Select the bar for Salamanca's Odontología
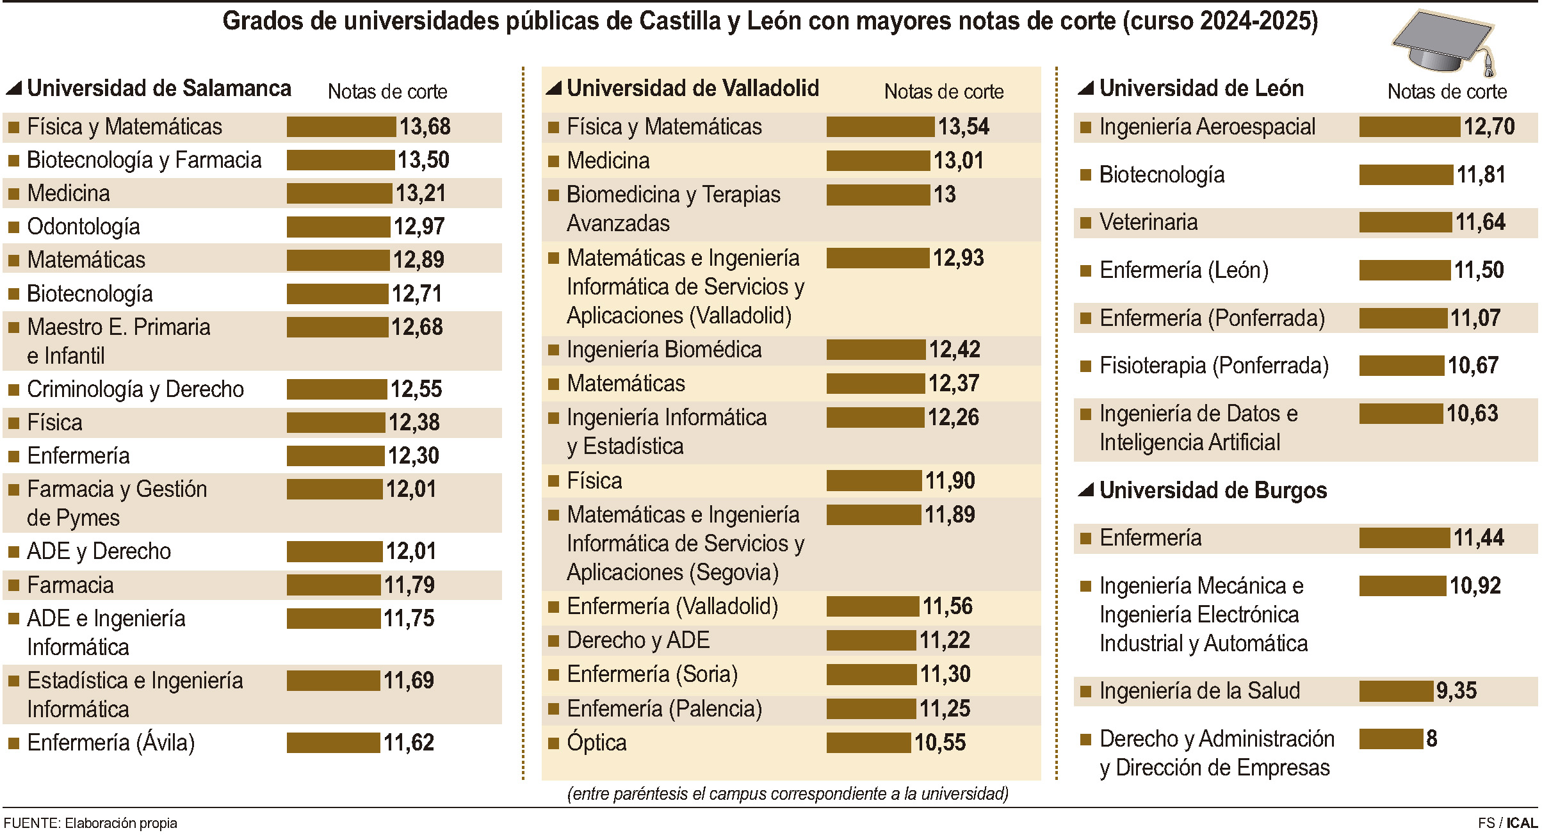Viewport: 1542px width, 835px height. point(338,227)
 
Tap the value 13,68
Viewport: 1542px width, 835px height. point(425,127)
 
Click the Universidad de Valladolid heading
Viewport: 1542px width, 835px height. point(692,88)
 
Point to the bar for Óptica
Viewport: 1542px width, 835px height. point(868,743)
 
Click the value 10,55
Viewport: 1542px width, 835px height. point(939,743)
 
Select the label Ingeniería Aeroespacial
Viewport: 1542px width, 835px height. point(1207,127)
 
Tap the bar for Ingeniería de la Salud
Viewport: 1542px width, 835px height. point(1396,691)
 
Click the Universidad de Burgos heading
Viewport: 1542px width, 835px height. point(1213,490)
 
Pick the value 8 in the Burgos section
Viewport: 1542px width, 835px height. point(1432,739)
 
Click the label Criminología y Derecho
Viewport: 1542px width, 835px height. point(135,389)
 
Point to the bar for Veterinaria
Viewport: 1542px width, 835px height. point(1406,222)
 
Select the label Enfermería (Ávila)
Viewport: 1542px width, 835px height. point(111,743)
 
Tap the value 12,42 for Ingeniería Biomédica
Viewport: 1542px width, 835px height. point(955,350)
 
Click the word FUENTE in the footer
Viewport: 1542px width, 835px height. point(31,823)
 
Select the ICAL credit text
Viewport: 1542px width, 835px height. point(1522,823)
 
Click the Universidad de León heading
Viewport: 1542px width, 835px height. point(1201,88)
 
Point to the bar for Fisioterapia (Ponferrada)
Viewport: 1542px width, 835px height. point(1402,366)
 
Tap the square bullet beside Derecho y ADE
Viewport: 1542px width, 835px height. point(554,640)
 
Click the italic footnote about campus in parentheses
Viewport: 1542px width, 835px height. point(788,794)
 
